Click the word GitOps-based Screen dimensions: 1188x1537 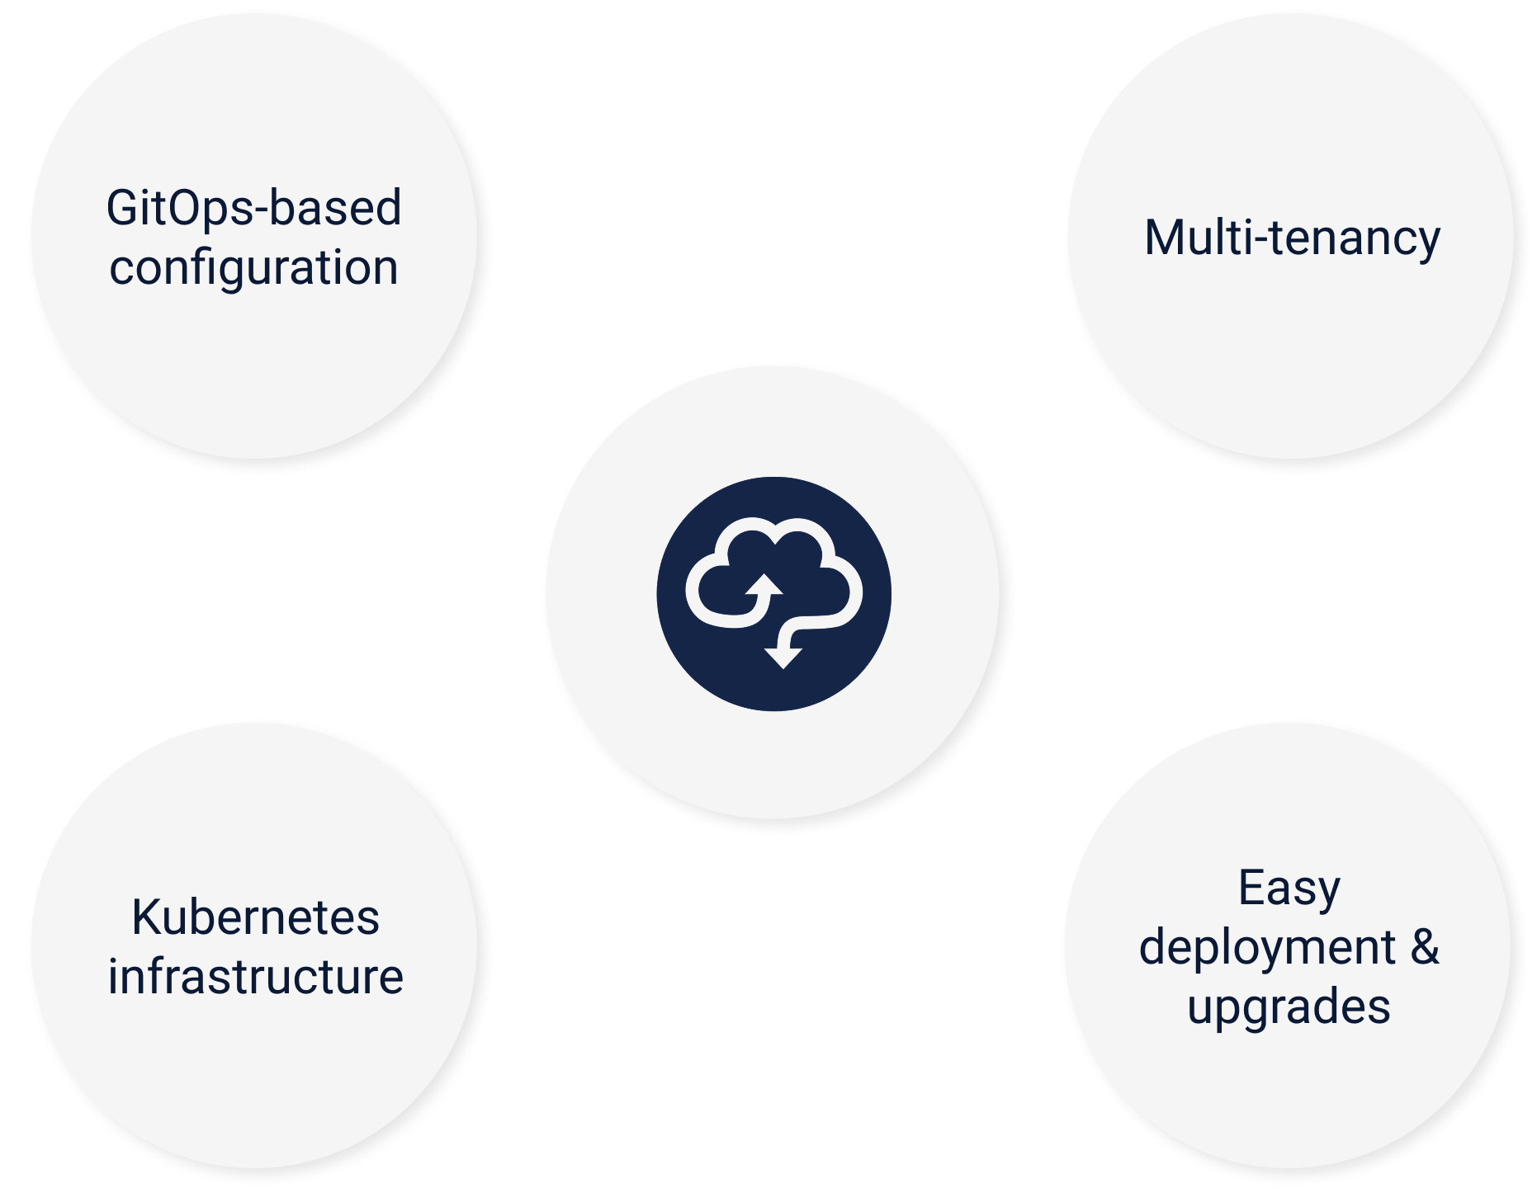pyautogui.click(x=253, y=208)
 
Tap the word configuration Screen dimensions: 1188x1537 pyautogui.click(x=253, y=269)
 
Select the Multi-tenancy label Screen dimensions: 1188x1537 pyautogui.click(x=1292, y=238)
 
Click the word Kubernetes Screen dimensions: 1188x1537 pyautogui.click(x=255, y=917)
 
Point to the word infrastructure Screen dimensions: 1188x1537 pyautogui.click(x=255, y=977)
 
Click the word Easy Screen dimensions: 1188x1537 pyautogui.click(x=1289, y=889)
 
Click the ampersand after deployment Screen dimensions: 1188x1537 pyautogui.click(x=1424, y=947)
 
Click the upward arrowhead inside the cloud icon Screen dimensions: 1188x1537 pyautogui.click(x=763, y=585)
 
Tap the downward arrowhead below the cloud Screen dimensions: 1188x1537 pyautogui.click(x=783, y=656)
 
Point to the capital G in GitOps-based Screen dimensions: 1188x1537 pyautogui.click(x=121, y=208)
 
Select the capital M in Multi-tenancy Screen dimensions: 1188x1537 pyautogui.click(x=1165, y=238)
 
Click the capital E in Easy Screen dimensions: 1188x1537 pyautogui.click(x=1251, y=889)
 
